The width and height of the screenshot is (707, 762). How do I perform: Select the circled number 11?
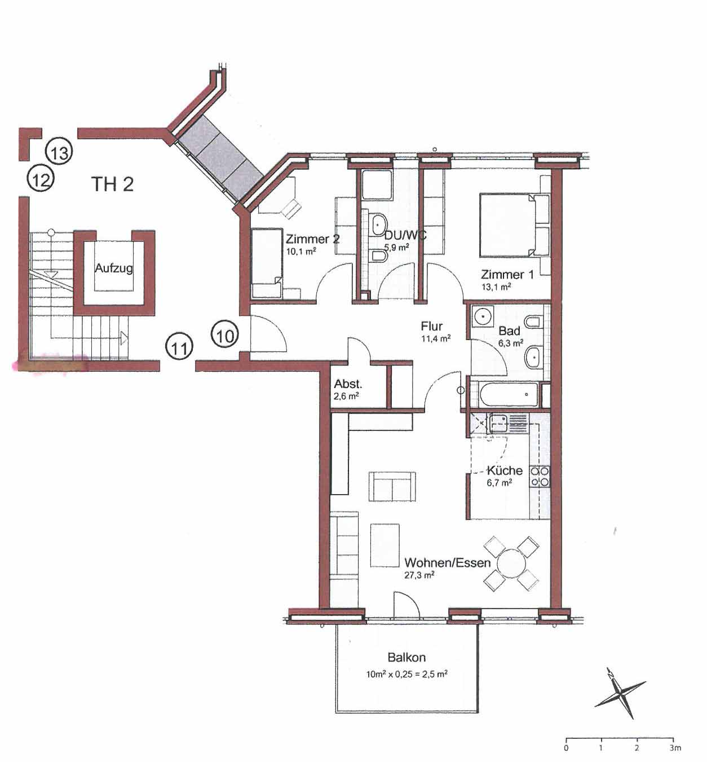pyautogui.click(x=179, y=347)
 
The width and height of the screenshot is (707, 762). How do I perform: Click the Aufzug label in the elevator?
pyautogui.click(x=113, y=268)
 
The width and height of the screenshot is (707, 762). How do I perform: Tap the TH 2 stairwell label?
pyautogui.click(x=112, y=184)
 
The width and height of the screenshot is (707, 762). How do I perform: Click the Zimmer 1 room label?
pyautogui.click(x=507, y=274)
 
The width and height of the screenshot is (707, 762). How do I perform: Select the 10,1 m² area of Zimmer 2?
pyautogui.click(x=301, y=252)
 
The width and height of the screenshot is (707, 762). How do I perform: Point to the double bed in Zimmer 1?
pyautogui.click(x=515, y=225)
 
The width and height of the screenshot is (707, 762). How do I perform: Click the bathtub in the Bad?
pyautogui.click(x=504, y=394)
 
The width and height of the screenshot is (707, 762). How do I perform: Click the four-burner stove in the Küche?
pyautogui.click(x=539, y=476)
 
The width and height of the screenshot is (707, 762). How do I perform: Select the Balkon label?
pyautogui.click(x=406, y=657)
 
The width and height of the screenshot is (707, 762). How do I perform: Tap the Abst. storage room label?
pyautogui.click(x=348, y=384)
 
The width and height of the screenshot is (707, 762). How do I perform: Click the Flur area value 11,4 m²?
pyautogui.click(x=435, y=339)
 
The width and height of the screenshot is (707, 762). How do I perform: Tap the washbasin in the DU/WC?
pyautogui.click(x=379, y=224)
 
